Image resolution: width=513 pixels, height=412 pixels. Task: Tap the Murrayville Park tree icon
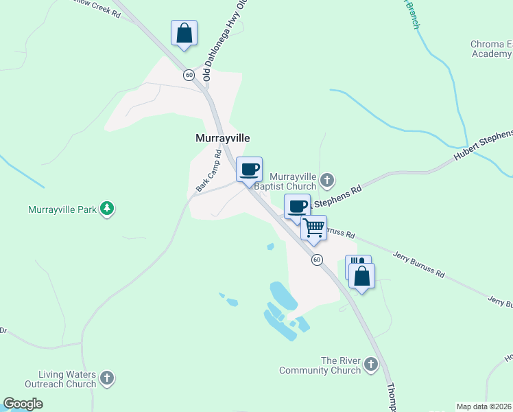pos(106,208)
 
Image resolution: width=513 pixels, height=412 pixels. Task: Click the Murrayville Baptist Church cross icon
pos(327,181)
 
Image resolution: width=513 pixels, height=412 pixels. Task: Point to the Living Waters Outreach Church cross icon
pos(106,377)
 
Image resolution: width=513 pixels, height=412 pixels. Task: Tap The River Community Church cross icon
pos(371,364)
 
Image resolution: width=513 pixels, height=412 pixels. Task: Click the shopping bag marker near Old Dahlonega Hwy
pos(184,33)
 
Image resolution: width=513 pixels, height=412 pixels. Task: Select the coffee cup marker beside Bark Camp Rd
pos(249,169)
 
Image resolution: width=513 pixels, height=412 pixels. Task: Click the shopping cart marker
pos(314,227)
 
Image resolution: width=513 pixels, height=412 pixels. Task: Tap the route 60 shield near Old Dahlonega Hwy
pos(188,75)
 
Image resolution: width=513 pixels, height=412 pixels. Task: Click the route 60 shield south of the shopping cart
pos(316,260)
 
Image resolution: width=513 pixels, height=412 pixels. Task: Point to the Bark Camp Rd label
pos(208,171)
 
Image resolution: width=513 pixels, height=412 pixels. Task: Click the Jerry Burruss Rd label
pos(418,265)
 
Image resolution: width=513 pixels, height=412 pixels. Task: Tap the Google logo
pos(23,404)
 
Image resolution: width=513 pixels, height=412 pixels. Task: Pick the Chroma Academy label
pos(491,49)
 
